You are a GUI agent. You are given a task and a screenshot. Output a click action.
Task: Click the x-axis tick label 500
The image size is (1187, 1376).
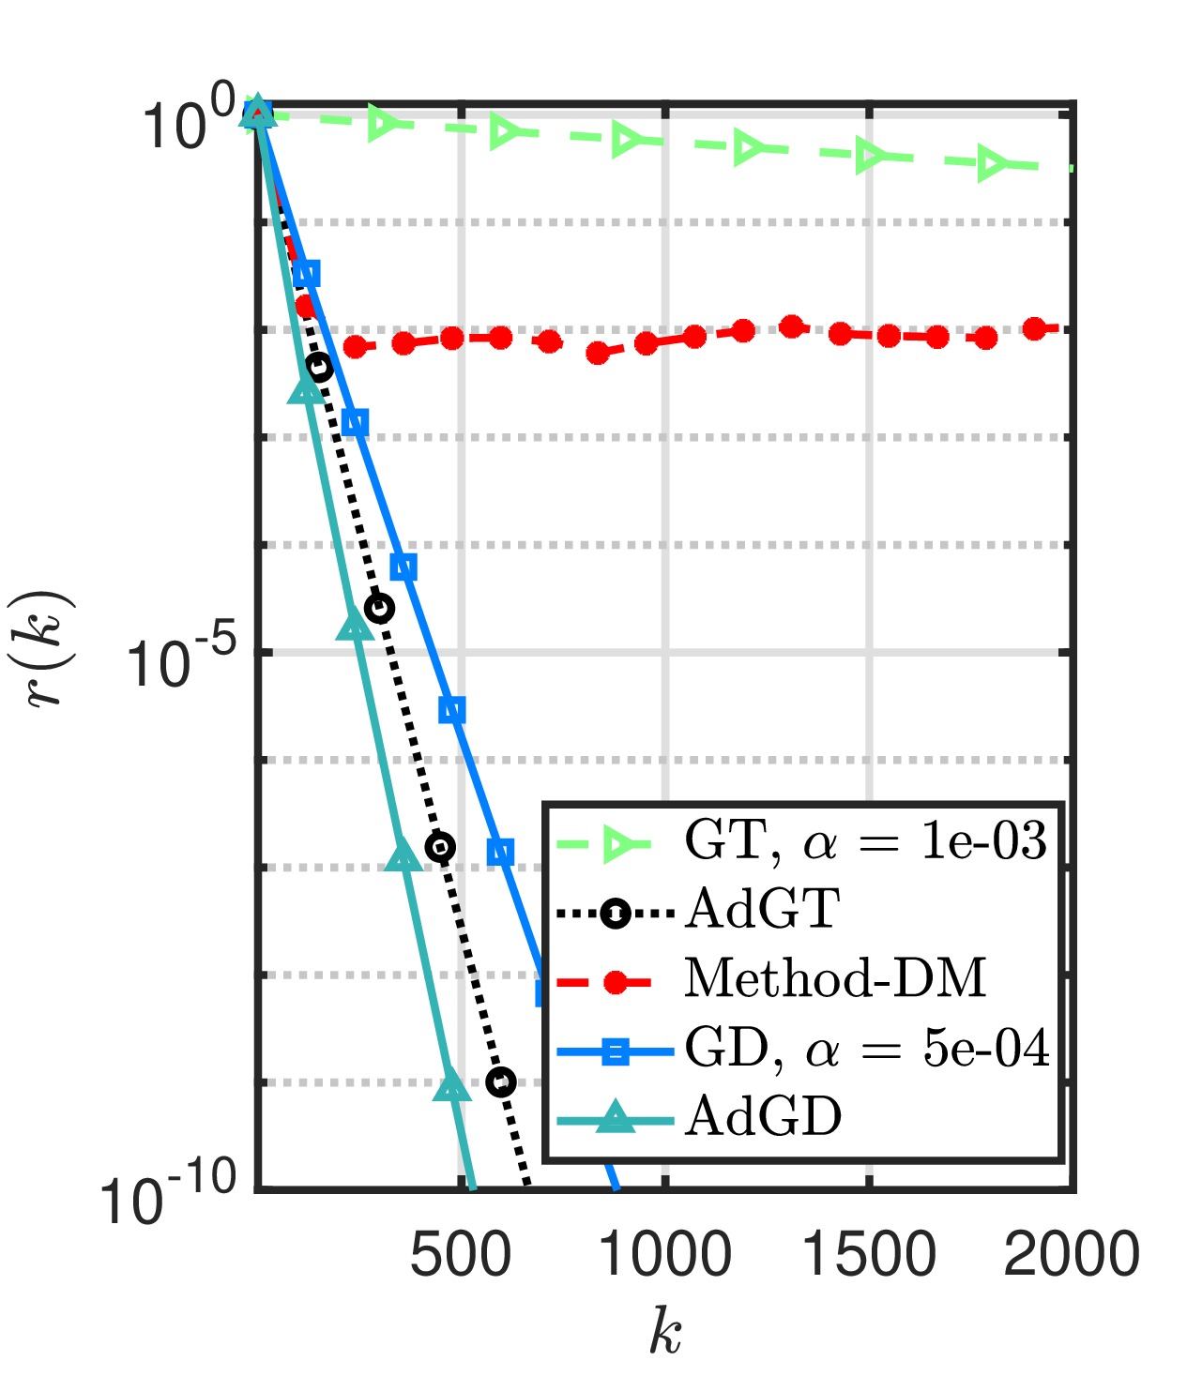[461, 1254]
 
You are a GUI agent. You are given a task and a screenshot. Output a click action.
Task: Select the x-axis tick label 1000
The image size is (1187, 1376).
[665, 1254]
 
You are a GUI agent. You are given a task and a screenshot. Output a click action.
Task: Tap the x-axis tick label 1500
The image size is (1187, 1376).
[870, 1254]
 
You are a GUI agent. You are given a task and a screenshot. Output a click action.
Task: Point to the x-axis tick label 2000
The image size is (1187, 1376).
[1072, 1254]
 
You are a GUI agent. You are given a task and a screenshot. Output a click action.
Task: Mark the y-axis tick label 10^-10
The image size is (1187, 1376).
[170, 1200]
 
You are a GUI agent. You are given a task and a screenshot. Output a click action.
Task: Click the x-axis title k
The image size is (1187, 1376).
[665, 1333]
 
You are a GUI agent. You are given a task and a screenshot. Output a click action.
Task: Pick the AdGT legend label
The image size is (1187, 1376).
[762, 909]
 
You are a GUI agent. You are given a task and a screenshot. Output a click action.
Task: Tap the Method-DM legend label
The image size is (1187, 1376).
[835, 978]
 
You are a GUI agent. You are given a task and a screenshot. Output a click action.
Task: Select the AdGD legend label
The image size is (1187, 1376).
[763, 1116]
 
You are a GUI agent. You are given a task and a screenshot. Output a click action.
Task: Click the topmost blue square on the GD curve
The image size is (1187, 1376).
[306, 274]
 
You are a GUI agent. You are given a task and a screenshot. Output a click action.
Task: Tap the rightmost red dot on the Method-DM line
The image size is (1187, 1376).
[1035, 329]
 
